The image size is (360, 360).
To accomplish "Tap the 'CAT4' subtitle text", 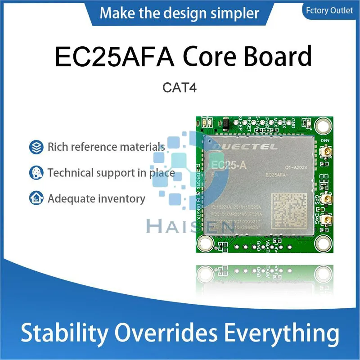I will [x=180, y=88].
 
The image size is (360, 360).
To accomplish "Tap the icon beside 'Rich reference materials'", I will [x=35, y=147].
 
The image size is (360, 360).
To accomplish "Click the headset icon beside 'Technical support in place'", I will [x=35, y=173].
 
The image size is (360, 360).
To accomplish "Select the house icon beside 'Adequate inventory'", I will [x=35, y=198].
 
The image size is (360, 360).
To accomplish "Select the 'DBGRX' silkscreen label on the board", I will [x=198, y=183].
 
